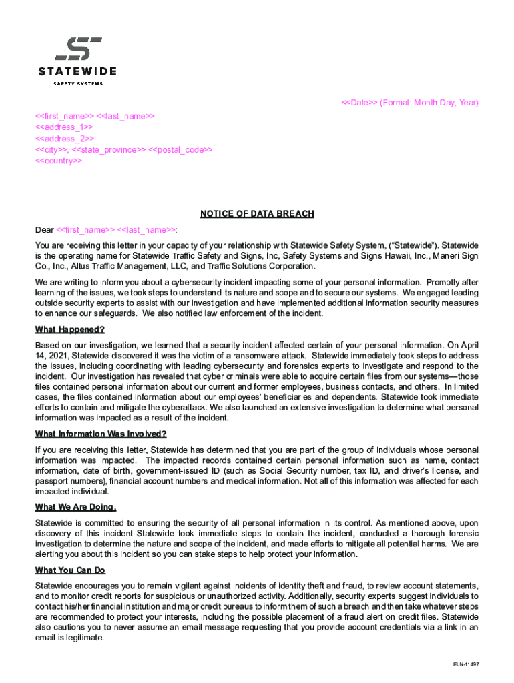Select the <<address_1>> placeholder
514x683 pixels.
(64, 127)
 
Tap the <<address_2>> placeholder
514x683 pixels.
(64, 138)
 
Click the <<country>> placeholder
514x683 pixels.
(59, 161)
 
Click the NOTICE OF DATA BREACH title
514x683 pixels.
(257, 214)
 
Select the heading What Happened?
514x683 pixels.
(70, 329)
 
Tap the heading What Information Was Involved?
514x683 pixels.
(101, 434)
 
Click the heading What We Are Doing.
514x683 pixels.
(75, 506)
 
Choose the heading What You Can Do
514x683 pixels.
(70, 570)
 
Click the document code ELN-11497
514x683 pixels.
(466, 664)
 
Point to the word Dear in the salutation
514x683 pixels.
(45, 230)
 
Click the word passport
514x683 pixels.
(50, 480)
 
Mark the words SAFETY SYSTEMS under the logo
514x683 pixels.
(78, 83)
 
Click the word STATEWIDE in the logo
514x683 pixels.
(77, 71)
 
